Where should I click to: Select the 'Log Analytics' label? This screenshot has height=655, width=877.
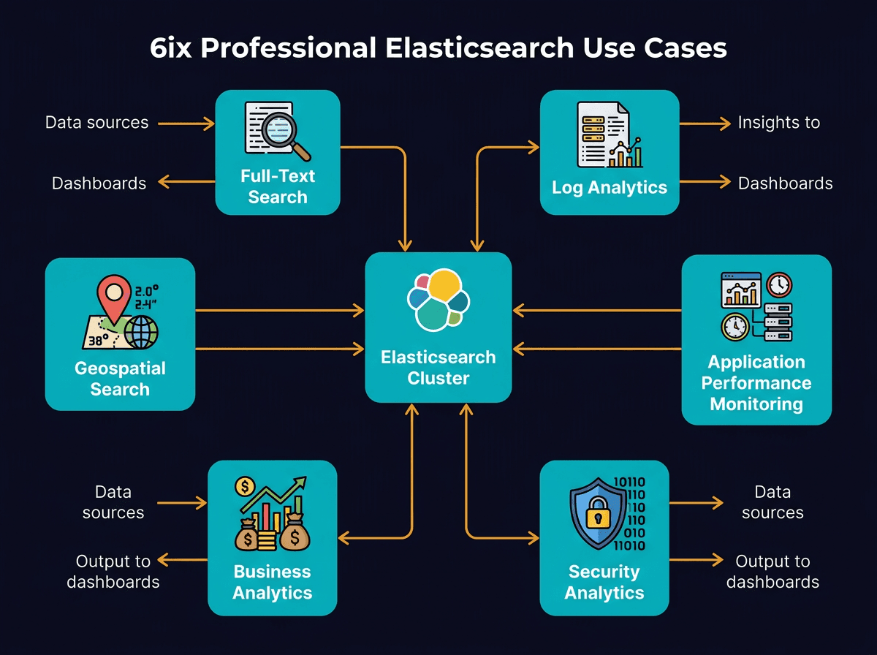[610, 187]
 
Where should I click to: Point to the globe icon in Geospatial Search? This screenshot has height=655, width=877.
[141, 333]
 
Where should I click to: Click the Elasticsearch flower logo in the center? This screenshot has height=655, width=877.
[438, 299]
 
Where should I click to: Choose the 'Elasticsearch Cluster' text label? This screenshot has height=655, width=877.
[438, 368]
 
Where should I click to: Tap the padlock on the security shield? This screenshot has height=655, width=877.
[597, 515]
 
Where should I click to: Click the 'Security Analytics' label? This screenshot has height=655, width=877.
[604, 582]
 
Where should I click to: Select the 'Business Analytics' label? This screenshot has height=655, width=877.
[272, 582]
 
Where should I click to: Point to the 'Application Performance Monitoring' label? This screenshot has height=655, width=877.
[756, 383]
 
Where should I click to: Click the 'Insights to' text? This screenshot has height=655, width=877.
[778, 123]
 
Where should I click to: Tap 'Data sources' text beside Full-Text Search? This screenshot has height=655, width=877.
[96, 123]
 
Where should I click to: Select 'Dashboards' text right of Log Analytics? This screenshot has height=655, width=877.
[785, 183]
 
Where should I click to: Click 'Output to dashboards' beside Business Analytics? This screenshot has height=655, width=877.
[113, 572]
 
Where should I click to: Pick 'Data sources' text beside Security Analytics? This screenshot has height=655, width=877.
[772, 502]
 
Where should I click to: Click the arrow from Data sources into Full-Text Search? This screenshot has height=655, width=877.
[186, 124]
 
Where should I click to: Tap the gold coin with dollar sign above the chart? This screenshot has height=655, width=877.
[245, 486]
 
